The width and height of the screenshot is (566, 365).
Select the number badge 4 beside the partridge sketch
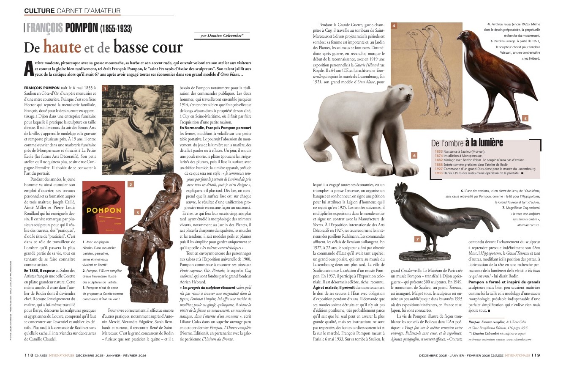tap(394, 26)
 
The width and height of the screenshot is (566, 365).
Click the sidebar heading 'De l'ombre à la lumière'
tap(466, 143)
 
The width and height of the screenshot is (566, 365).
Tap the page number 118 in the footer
tap(29, 356)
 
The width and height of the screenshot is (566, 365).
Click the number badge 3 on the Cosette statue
tap(137, 213)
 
